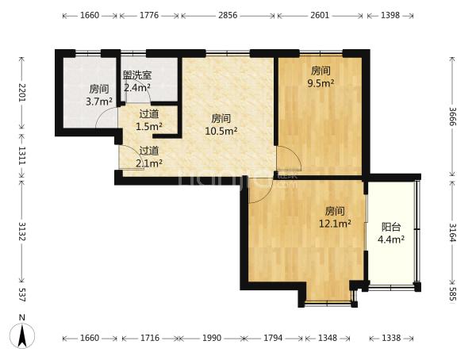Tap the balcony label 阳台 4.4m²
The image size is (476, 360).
tap(391, 233)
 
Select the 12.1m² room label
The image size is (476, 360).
tap(335, 217)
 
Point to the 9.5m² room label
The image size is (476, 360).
tap(321, 77)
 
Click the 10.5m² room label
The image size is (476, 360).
tap(221, 124)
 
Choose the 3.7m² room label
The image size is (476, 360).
tap(99, 95)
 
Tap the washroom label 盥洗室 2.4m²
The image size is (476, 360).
tap(137, 82)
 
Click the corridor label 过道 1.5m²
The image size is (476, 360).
tap(149, 121)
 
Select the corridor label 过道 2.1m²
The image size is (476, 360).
tap(149, 157)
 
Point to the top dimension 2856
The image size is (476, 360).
tap(228, 15)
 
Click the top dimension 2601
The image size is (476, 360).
tap(320, 15)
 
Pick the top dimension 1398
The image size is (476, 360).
tap(390, 15)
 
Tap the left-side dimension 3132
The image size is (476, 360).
tap(22, 232)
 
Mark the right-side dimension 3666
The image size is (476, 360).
tap(452, 117)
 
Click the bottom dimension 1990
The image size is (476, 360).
tap(212, 338)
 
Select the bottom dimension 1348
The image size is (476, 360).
tap(327, 338)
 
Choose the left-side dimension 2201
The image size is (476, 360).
tap(22, 93)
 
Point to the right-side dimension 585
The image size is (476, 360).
tap(452, 294)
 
